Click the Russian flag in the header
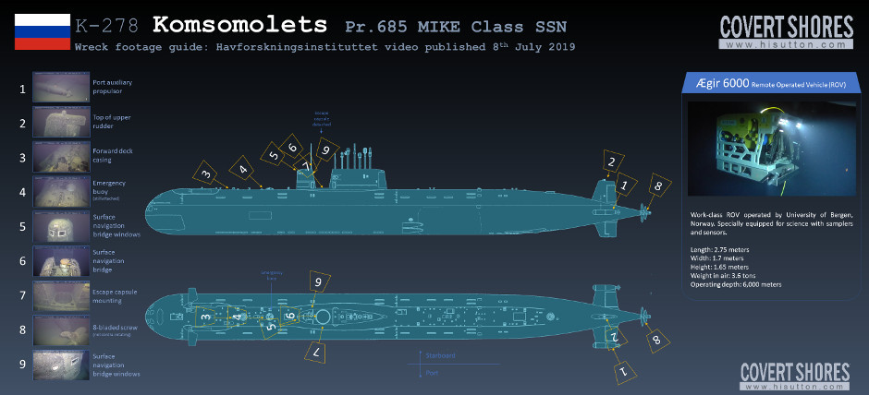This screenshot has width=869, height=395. [x=42, y=30]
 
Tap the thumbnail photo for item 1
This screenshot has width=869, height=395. [x=60, y=90]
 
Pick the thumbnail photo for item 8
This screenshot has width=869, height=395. [x=60, y=329]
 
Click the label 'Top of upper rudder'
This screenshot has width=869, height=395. [x=112, y=124]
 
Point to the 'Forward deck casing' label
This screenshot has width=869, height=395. [x=116, y=157]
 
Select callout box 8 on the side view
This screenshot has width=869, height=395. [x=657, y=186]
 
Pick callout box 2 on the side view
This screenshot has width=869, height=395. [x=610, y=162]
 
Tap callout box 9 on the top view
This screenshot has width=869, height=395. [x=318, y=281]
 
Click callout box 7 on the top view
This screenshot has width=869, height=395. [x=316, y=353]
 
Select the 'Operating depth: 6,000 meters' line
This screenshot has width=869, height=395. [x=735, y=284]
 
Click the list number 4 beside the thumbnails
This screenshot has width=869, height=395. [x=22, y=192]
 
